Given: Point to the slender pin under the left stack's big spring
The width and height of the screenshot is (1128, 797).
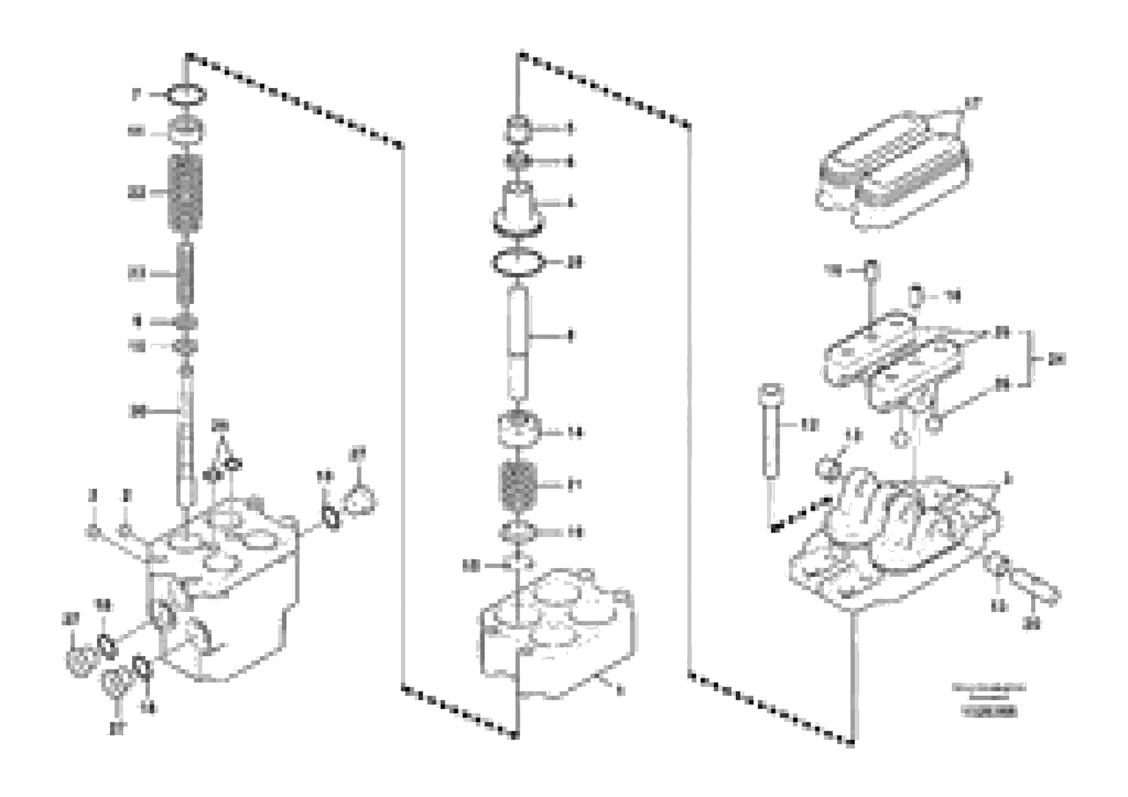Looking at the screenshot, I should pyautogui.click(x=185, y=273).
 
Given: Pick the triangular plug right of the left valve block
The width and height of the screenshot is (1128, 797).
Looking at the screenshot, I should pyautogui.click(x=361, y=501).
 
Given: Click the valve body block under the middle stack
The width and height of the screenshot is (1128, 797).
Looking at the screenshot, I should pyautogui.click(x=555, y=639).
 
